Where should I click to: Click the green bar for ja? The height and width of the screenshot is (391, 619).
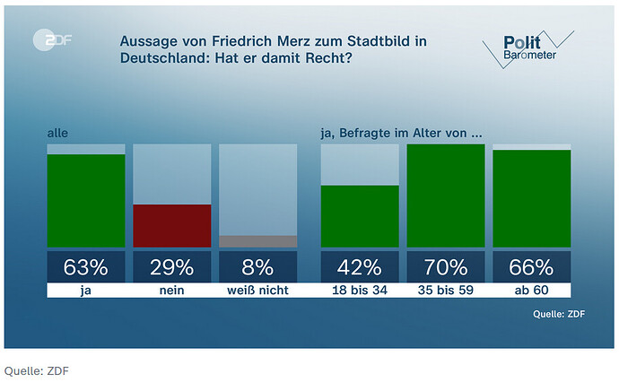pos(86,200)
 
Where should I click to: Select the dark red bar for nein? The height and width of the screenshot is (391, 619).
pos(172,225)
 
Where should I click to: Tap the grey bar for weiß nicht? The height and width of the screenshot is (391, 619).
pos(257,241)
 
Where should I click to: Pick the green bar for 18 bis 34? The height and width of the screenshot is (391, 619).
pos(360,215)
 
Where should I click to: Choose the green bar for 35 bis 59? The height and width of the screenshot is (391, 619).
pos(446,195)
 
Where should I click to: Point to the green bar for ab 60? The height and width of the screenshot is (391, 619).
pos(531,198)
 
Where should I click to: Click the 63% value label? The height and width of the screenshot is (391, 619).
pos(86,266)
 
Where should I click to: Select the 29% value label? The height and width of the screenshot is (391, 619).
pos(172,266)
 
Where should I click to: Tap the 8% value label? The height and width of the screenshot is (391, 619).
pos(257,266)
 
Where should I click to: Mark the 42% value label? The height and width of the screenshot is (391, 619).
pos(360,266)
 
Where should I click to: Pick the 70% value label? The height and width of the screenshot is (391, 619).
pos(446,266)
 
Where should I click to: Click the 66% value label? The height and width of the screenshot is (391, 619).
pos(531,266)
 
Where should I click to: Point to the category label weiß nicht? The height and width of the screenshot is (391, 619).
pos(257,291)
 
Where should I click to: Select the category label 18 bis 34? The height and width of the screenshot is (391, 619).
pos(360,291)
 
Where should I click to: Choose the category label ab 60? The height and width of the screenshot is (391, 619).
pos(531,291)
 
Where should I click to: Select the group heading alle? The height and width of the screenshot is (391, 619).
pos(57,134)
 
